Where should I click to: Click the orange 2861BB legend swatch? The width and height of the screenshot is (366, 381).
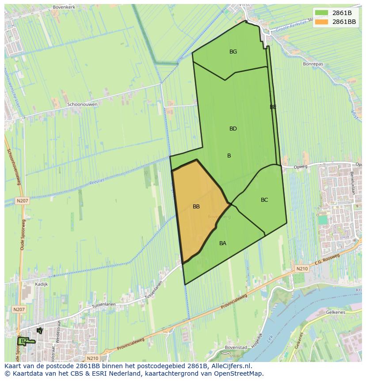tap(322, 22)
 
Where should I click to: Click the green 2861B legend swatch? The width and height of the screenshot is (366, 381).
tap(322, 13)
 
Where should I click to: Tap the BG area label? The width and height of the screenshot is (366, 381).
tap(233, 52)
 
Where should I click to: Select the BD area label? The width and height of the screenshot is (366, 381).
tap(233, 129)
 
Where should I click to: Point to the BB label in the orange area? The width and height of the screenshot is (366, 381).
tap(196, 207)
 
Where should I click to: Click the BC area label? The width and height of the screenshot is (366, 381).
tap(264, 200)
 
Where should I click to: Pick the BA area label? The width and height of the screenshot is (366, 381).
tap(223, 243)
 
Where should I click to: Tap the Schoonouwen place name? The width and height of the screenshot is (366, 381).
tap(82, 104)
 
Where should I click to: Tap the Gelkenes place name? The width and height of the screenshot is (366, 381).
tap(335, 312)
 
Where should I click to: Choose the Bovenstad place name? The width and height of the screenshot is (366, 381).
tap(235, 347)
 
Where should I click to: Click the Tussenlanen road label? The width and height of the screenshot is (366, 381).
tap(104, 305)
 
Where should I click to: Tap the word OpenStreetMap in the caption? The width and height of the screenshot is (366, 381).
tap(239, 373)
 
